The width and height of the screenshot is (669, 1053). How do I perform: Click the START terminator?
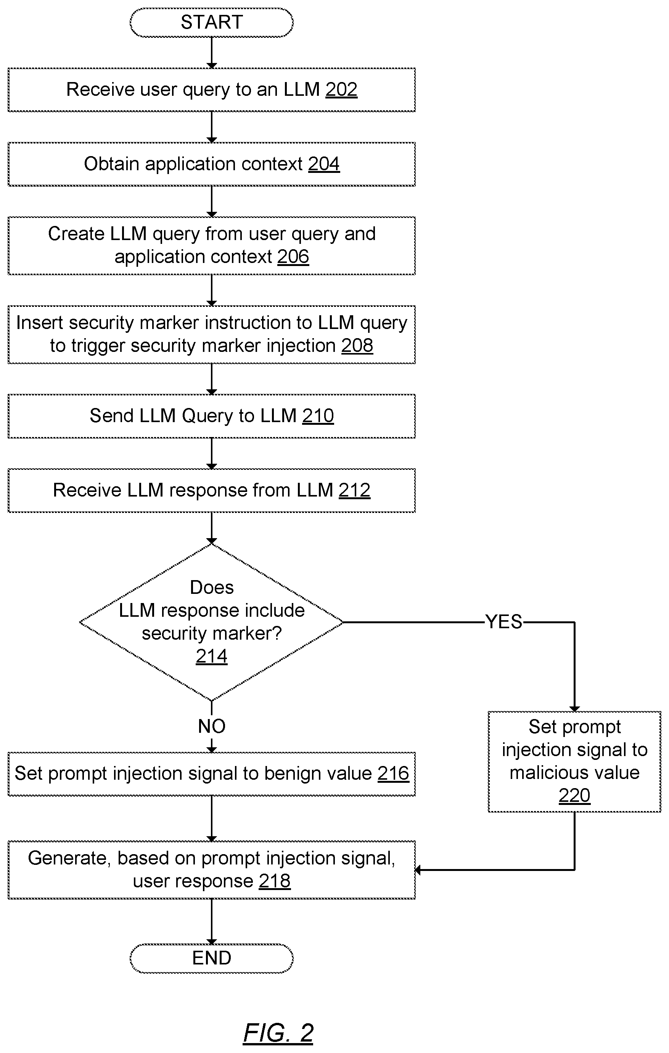pos(211,22)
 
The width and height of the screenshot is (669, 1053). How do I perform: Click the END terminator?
pos(211,958)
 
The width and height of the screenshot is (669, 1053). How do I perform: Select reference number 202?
pos(341,90)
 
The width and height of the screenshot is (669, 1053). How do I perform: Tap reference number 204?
pos(324,164)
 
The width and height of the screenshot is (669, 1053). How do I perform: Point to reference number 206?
pos(293,257)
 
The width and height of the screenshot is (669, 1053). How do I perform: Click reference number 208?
pos(357,346)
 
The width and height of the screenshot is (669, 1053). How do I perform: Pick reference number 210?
pos(318,416)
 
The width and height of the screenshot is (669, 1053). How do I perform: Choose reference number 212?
pos(354,490)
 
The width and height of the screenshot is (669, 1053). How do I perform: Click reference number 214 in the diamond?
pos(211,656)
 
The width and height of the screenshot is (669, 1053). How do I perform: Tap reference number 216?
pos(393,774)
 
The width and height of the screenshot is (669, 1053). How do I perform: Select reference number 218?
pos(274,881)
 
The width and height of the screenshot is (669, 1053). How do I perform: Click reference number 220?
pos(574,795)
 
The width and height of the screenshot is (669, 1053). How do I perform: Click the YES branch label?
pos(504,622)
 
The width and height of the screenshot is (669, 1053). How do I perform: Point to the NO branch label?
pos(211,726)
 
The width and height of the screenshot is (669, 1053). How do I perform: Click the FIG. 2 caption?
pos(278,1033)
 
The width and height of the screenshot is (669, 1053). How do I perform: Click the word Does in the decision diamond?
pos(211,587)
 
